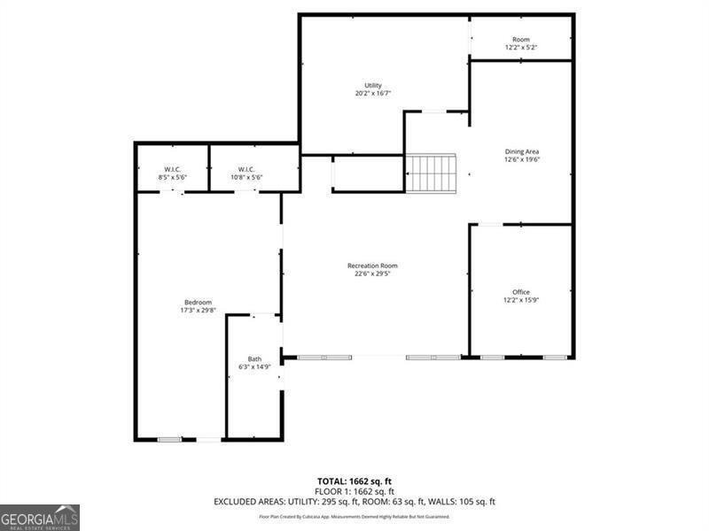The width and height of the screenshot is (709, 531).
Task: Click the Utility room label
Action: coord(372,85)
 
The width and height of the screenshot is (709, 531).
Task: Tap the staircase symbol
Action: coord(432,173)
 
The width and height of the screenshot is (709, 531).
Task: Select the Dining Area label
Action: coord(521,151)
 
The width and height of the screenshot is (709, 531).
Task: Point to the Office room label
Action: coord(521,292)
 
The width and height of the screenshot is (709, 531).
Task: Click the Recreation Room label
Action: coord(372,265)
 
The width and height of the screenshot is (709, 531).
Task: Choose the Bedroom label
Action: coord(198,303)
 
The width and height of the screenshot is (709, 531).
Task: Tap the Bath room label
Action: coord(254,358)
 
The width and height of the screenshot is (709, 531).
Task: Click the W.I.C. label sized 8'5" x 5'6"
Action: coord(172,169)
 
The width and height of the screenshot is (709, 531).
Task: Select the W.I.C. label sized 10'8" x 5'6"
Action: coord(246,169)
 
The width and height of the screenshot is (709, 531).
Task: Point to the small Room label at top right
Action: coord(521,40)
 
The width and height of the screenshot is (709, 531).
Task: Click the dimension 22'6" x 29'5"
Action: coord(372,273)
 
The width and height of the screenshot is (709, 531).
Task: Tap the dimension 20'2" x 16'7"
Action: coord(372,93)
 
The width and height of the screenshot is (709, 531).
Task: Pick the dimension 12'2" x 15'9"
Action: coord(521,300)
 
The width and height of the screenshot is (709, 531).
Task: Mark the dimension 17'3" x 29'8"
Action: coord(198,311)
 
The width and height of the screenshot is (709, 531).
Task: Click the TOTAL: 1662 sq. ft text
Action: coord(354,482)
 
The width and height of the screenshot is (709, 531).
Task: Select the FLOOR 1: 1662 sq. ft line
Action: coord(354,491)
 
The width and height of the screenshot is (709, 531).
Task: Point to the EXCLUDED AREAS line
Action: coord(354,501)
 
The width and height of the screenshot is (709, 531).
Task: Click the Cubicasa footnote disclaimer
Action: coord(354,516)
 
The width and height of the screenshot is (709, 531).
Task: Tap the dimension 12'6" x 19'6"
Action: coord(521,159)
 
